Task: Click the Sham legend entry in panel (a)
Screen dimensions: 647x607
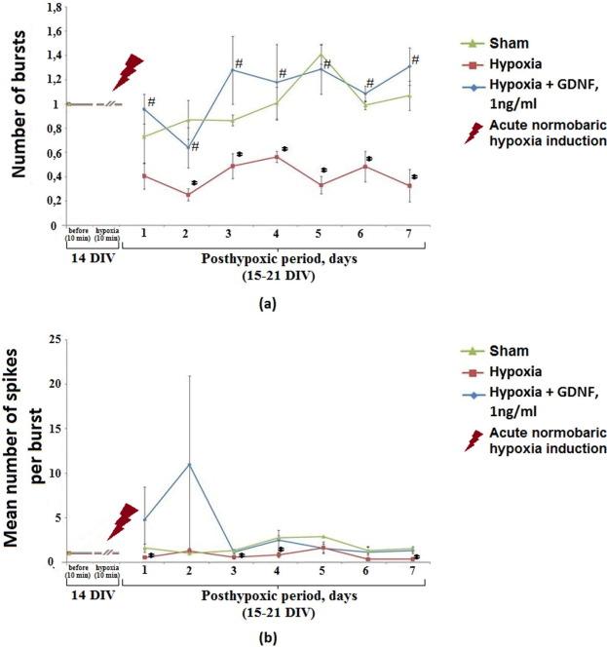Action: pyautogui.click(x=503, y=43)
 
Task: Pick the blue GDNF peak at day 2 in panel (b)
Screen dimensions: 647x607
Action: pyautogui.click(x=189, y=464)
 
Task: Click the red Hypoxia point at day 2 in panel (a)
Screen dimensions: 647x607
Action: pyautogui.click(x=189, y=195)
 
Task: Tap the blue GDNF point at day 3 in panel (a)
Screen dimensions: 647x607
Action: pyautogui.click(x=233, y=69)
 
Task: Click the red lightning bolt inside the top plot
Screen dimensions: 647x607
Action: pyautogui.click(x=127, y=71)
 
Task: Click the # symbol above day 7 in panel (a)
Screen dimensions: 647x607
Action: pyautogui.click(x=415, y=60)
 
